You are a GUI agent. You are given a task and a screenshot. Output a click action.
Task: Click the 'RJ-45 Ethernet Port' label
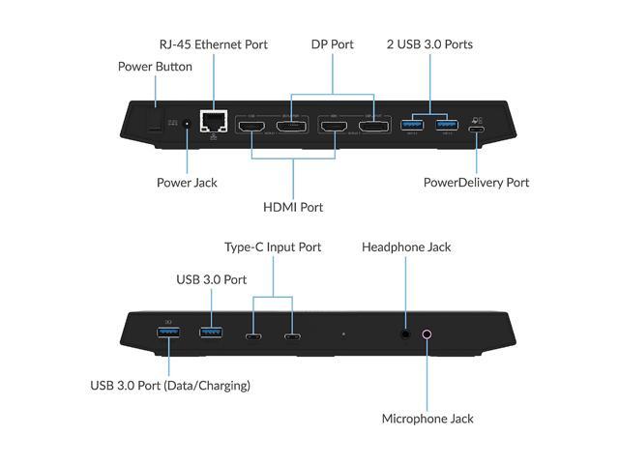pos(214,44)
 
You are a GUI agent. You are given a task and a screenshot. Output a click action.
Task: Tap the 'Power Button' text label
pos(155,67)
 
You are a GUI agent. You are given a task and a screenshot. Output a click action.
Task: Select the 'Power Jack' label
pos(187,182)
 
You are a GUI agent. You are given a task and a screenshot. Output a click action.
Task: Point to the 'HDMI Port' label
pos(292,207)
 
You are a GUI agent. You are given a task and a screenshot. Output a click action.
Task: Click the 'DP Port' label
pos(332,44)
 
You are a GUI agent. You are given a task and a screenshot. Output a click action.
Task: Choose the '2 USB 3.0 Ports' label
pos(428,44)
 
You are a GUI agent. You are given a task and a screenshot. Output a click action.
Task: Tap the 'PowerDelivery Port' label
pos(477,182)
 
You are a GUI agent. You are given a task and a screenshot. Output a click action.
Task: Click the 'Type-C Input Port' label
pos(273,247)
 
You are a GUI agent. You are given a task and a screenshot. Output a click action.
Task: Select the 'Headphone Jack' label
pos(406,247)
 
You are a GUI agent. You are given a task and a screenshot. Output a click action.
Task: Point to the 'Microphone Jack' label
pos(427,419)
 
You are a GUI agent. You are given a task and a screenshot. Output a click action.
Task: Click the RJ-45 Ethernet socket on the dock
pos(213,122)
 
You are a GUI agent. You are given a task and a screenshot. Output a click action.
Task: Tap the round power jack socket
pos(187,125)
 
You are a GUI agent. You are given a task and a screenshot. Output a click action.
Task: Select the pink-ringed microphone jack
pos(427,334)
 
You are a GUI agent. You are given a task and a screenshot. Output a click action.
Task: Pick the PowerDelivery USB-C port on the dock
pos(477,128)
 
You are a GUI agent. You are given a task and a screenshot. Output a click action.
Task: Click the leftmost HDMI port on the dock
pos(251,127)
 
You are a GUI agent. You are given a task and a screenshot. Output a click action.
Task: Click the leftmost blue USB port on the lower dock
pos(168,334)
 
